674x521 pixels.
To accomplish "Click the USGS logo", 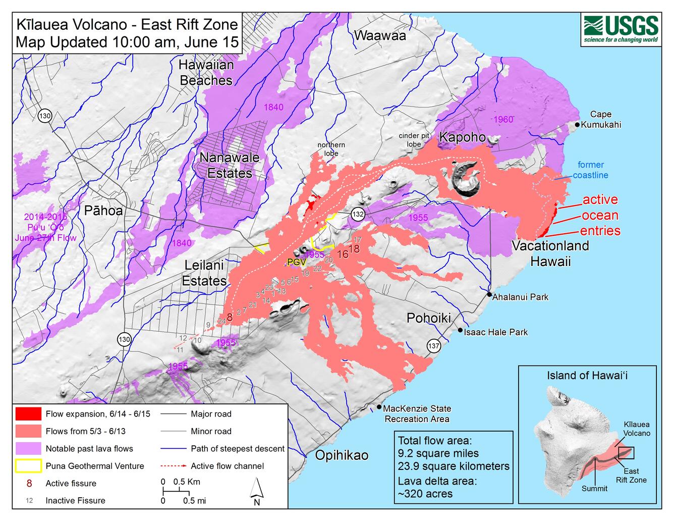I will click(x=621, y=29).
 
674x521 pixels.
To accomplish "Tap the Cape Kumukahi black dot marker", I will click(x=578, y=124).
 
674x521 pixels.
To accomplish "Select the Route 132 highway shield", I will click(x=358, y=214).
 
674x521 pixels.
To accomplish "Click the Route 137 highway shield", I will click(x=433, y=346).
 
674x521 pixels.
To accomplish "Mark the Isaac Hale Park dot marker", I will click(x=460, y=330).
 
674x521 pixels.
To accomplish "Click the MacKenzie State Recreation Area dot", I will click(x=379, y=407).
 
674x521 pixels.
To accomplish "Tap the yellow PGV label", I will click(x=293, y=262).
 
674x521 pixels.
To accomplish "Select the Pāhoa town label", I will click(x=103, y=211).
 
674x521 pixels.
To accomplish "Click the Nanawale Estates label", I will click(x=230, y=165).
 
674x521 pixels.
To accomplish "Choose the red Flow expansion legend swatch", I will click(x=28, y=413).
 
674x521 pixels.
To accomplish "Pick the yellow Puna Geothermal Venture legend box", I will click(x=28, y=465).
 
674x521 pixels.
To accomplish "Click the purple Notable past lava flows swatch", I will click(x=28, y=448).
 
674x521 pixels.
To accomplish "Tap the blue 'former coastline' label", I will click(x=590, y=170).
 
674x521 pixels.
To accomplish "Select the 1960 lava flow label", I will click(x=503, y=119).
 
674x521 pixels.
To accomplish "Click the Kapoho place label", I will click(x=462, y=137).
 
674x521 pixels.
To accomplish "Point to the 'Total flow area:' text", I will click(x=435, y=440).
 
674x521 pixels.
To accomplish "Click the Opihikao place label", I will click(x=342, y=455).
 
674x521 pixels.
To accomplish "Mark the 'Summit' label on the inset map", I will click(x=594, y=488).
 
